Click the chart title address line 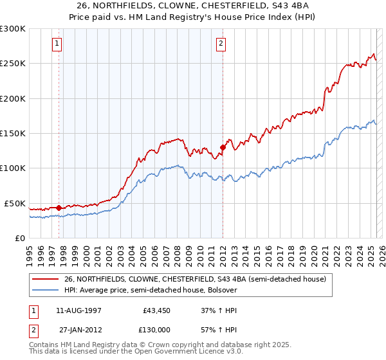[193, 6]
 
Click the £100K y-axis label [13, 168]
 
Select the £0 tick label [19, 238]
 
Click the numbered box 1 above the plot [57, 44]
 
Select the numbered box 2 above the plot [221, 44]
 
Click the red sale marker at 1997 [59, 208]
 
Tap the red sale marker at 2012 [223, 147]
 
